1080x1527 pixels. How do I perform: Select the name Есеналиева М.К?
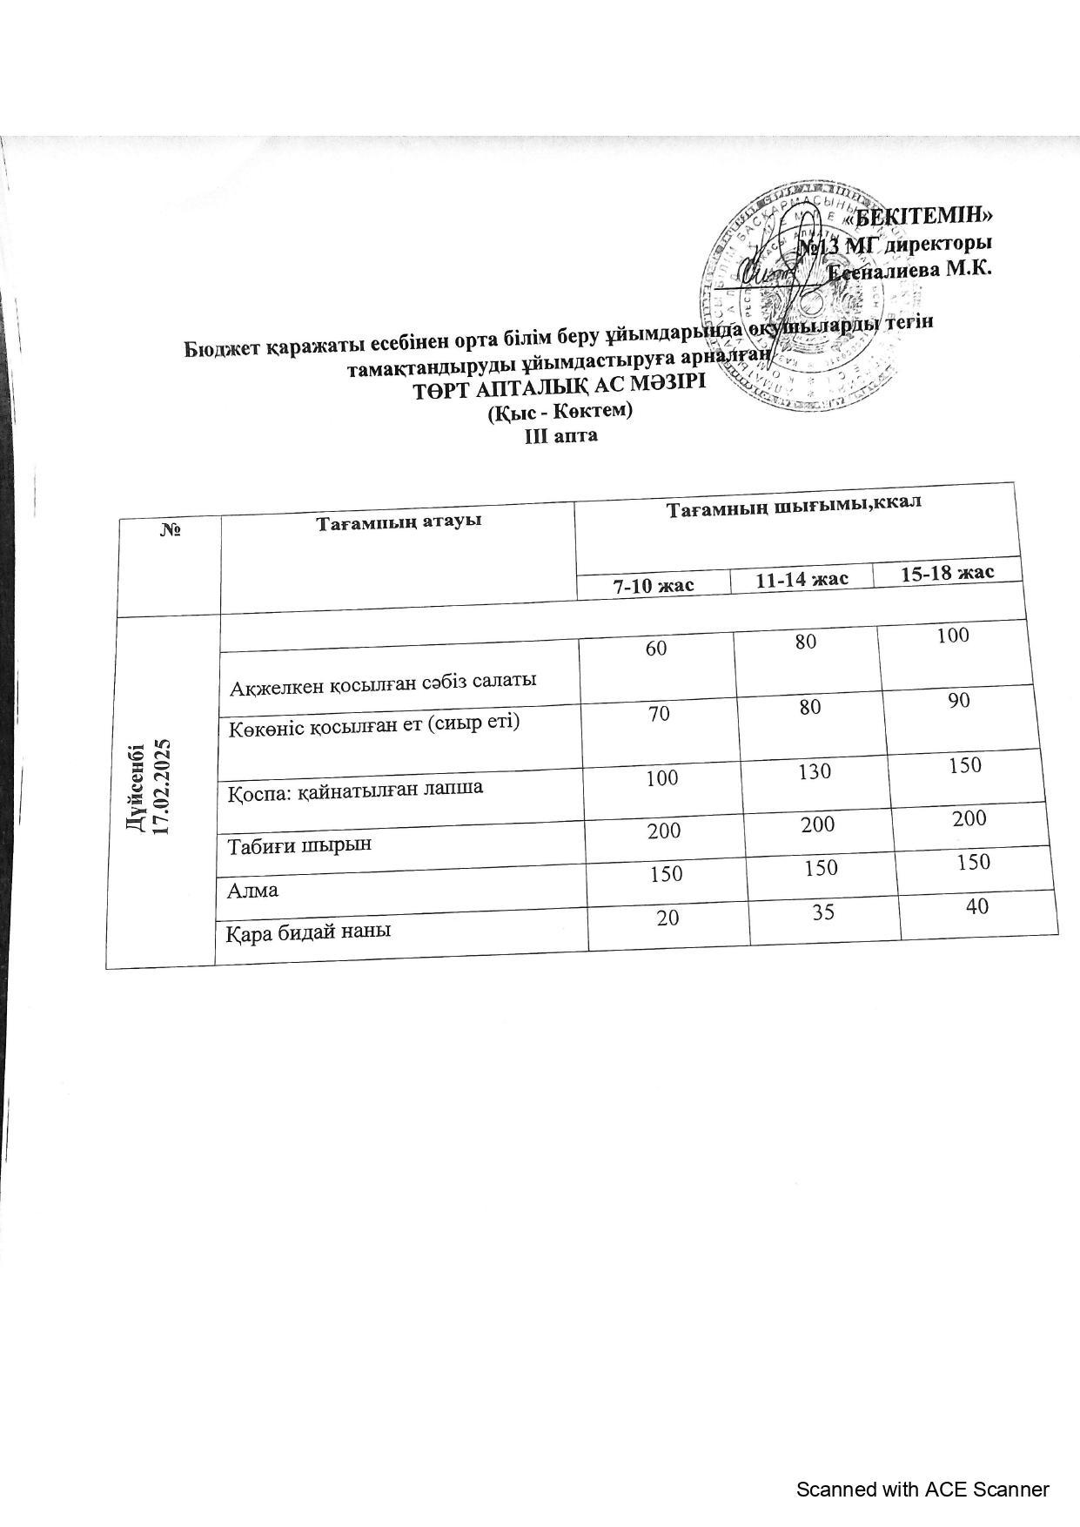pos(909,269)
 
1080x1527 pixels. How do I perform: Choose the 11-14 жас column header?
pos(802,579)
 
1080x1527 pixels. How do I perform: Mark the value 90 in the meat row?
pos(959,701)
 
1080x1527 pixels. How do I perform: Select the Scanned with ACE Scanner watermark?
pos(922,1490)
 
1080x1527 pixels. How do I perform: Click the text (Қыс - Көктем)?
pos(560,411)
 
